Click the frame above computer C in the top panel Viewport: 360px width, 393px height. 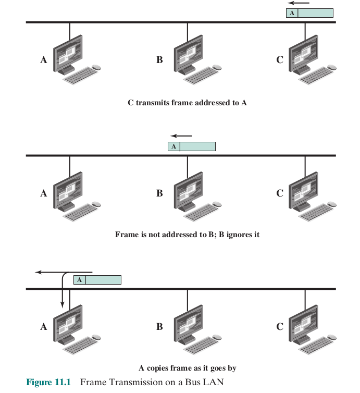pyautogui.click(x=309, y=13)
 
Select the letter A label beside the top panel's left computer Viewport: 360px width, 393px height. pyautogui.click(x=43, y=60)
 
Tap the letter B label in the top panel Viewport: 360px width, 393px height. pyautogui.click(x=159, y=60)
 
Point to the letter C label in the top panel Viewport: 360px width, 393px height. pyautogui.click(x=280, y=60)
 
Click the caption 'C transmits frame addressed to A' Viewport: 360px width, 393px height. pyautogui.click(x=187, y=103)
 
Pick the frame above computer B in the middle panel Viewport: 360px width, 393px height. pyautogui.click(x=191, y=146)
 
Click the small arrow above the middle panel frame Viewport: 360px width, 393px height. pyautogui.click(x=181, y=137)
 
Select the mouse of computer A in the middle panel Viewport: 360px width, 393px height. pyautogui.click(x=96, y=203)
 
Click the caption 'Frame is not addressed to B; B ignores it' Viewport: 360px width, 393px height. pyautogui.click(x=187, y=235)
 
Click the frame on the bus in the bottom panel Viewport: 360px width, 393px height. pyautogui.click(x=97, y=280)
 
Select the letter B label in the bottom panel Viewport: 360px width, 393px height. pyautogui.click(x=159, y=327)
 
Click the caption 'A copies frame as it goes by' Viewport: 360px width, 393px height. pyautogui.click(x=187, y=368)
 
